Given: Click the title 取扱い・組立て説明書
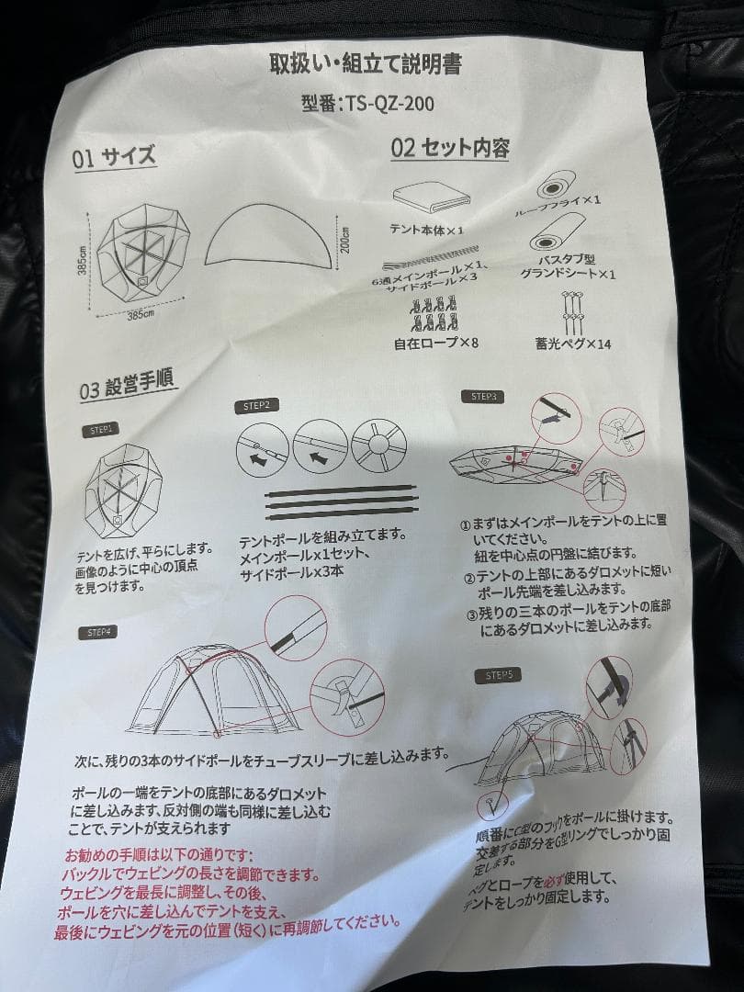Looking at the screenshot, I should click(364, 65).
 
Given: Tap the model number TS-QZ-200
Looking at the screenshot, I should click(367, 103).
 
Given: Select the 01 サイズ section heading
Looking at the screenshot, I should click(114, 156).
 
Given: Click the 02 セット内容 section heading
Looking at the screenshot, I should click(450, 148).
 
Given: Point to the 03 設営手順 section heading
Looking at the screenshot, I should click(129, 383).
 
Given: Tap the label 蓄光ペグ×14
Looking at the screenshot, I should click(573, 344).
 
